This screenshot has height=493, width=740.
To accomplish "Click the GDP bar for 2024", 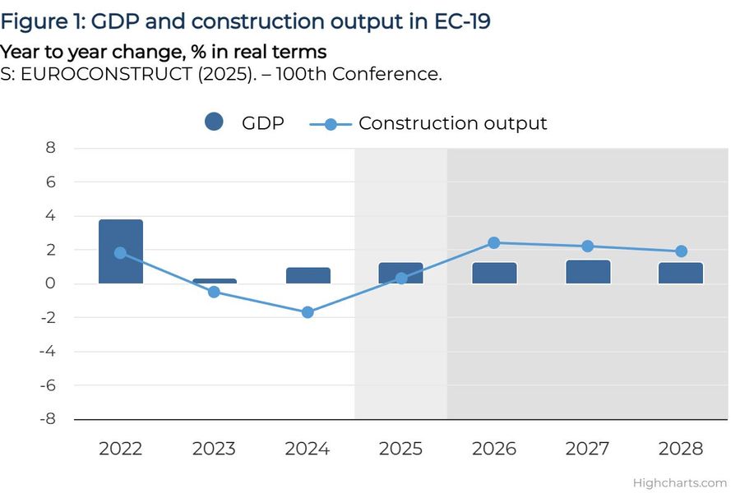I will pyautogui.click(x=308, y=276).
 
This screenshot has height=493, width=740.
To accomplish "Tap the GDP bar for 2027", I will pyautogui.click(x=588, y=272).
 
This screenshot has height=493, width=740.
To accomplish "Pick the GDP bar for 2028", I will pyautogui.click(x=681, y=274).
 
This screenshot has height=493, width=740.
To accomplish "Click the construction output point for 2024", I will pyautogui.click(x=308, y=312).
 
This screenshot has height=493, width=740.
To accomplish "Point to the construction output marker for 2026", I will pyautogui.click(x=494, y=242).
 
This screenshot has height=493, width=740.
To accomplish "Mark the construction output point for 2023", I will pyautogui.click(x=215, y=292).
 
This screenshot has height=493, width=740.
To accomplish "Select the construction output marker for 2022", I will pyautogui.click(x=121, y=253).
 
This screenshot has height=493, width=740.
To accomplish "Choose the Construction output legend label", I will pyautogui.click(x=452, y=123).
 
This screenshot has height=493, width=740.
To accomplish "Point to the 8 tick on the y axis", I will pyautogui.click(x=51, y=148).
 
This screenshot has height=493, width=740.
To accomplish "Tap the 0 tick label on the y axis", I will pyautogui.click(x=51, y=283).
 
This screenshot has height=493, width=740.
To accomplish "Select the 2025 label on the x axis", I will pyautogui.click(x=401, y=449).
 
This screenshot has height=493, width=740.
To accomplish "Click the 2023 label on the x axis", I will pyautogui.click(x=215, y=449).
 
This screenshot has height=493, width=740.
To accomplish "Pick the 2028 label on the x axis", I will pyautogui.click(x=681, y=449).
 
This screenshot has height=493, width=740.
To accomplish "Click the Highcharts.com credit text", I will pyautogui.click(x=680, y=483).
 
